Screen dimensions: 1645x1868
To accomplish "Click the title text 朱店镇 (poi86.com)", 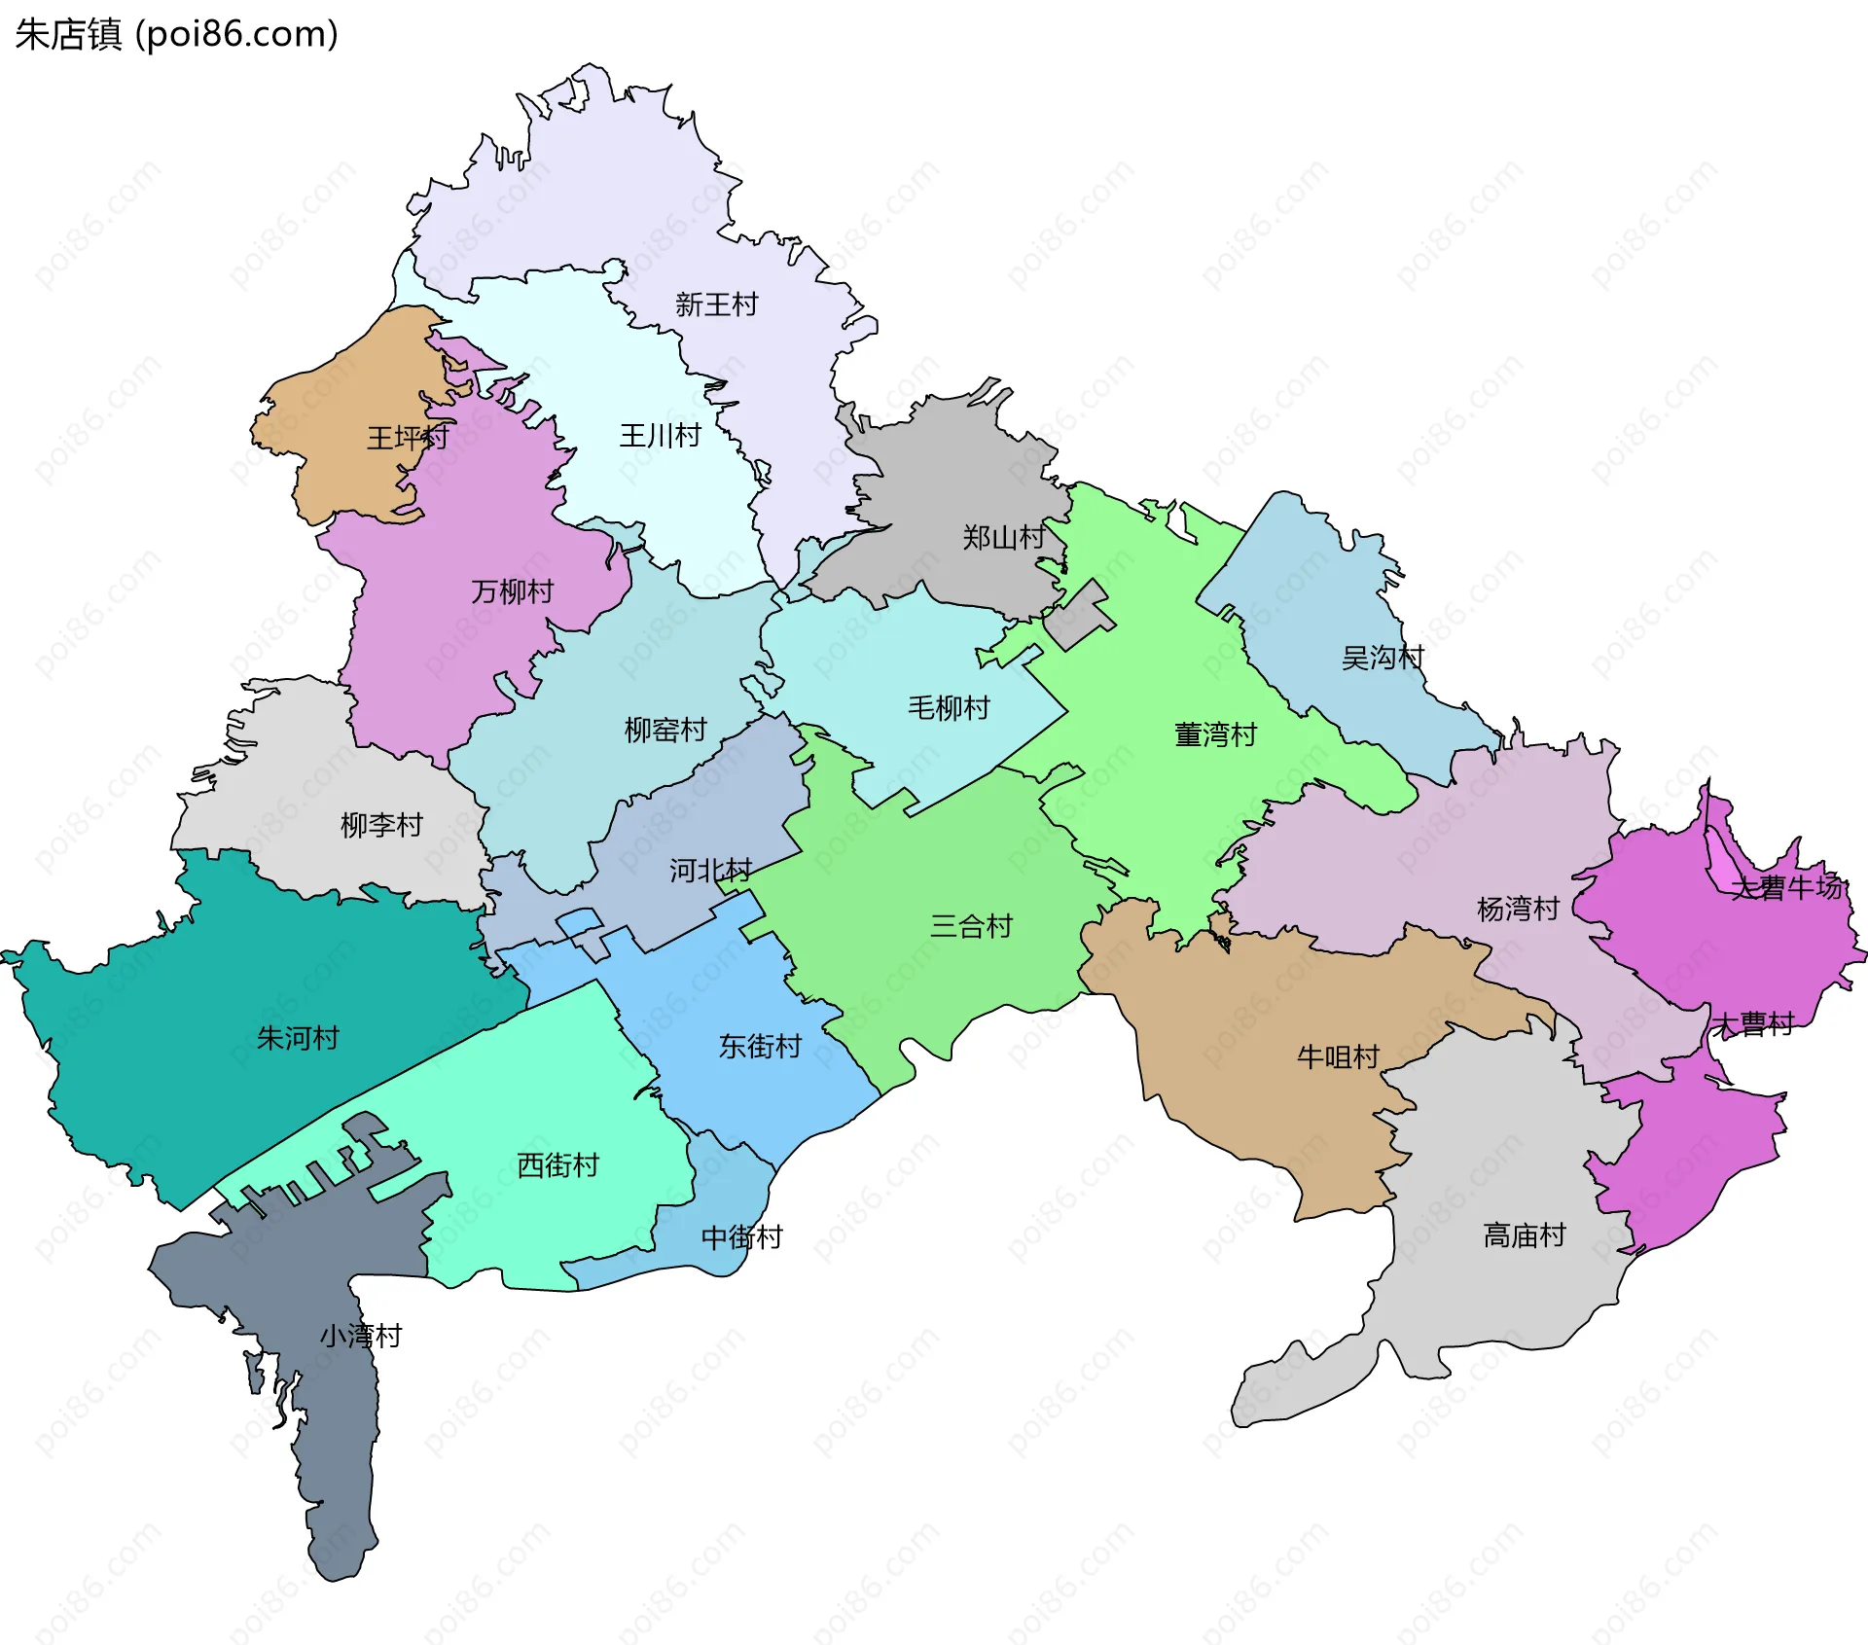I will [176, 34].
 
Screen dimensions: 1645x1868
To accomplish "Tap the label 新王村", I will [716, 304].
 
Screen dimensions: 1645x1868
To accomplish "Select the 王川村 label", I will [661, 435].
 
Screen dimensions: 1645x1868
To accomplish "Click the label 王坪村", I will [408, 437].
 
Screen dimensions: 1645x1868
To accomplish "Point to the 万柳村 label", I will [513, 590].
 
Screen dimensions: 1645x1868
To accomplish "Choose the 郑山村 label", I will [1003, 536].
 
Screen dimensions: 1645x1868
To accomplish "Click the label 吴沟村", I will [1383, 658].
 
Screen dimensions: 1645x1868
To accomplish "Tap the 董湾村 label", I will [1216, 734].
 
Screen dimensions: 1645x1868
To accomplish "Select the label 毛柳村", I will [949, 707].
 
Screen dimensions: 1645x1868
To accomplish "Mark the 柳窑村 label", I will [665, 730].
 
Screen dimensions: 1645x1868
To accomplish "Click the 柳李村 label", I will [381, 825].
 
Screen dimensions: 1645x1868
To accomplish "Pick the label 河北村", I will [710, 870].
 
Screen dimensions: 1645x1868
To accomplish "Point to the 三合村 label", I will [971, 925].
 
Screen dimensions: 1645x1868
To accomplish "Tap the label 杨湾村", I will [1518, 909].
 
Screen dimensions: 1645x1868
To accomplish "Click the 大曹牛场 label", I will [1788, 887].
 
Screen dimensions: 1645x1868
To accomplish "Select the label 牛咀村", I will [1338, 1056].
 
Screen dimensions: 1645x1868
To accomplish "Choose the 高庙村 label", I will [1525, 1235].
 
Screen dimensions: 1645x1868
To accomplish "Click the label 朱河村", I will [298, 1038].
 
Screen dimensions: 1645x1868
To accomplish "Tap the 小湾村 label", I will [361, 1336].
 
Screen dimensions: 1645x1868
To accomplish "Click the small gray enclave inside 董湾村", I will [1080, 617].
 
